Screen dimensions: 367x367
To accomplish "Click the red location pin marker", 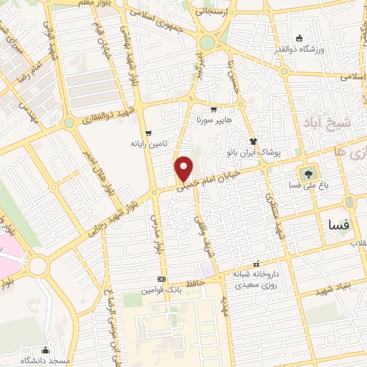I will coord(185,169).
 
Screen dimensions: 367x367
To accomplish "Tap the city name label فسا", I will coord(338,225).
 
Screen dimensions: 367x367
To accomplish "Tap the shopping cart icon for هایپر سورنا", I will coord(214,110).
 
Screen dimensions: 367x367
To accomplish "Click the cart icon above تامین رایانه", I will coord(148,133).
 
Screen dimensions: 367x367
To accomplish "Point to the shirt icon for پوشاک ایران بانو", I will coord(252,141).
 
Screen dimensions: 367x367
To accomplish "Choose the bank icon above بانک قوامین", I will coord(162,279).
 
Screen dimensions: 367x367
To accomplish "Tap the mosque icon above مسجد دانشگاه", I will coord(45,350).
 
